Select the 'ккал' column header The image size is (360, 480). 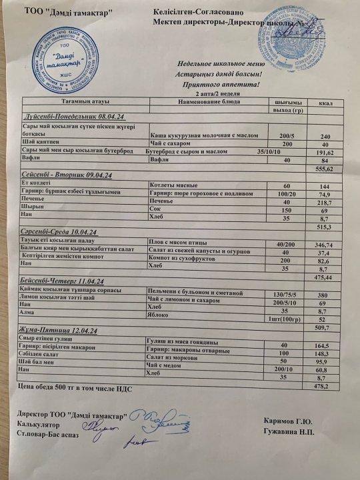click(325, 103)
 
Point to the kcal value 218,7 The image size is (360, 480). click(325, 201)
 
